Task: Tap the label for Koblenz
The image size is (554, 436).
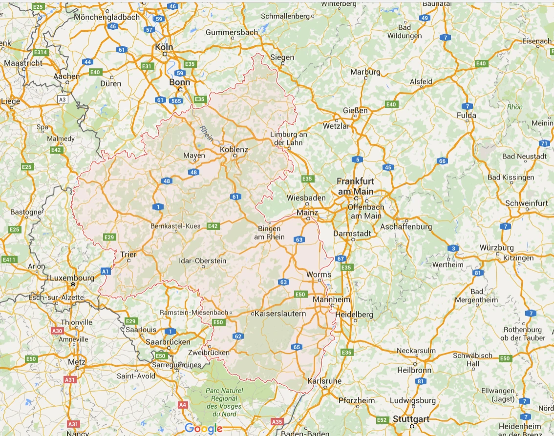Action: pyautogui.click(x=234, y=150)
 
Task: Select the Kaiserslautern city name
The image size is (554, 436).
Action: pyautogui.click(x=280, y=314)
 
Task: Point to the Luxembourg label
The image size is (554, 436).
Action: pyautogui.click(x=72, y=278)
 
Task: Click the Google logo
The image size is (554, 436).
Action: pyautogui.click(x=204, y=429)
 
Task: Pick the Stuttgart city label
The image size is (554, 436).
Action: pyautogui.click(x=411, y=419)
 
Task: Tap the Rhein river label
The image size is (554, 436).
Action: pyautogui.click(x=206, y=134)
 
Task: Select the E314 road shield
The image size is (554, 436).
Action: pyautogui.click(x=40, y=52)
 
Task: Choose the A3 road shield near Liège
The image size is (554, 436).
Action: pyautogui.click(x=62, y=99)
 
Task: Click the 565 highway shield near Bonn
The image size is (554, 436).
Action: pyautogui.click(x=176, y=100)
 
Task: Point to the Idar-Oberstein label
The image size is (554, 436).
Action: pyautogui.click(x=203, y=260)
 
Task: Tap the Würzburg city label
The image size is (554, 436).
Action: pyautogui.click(x=496, y=248)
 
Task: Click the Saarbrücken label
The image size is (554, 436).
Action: pyautogui.click(x=168, y=342)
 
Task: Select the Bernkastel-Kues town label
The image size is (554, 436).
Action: pyautogui.click(x=175, y=226)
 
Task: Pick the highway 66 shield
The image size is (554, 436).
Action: pyautogui.click(x=442, y=161)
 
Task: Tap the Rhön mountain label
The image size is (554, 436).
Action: pyautogui.click(x=515, y=107)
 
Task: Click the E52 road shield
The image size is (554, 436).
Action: pyautogui.click(x=382, y=419)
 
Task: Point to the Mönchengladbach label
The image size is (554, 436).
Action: pyautogui.click(x=107, y=17)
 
